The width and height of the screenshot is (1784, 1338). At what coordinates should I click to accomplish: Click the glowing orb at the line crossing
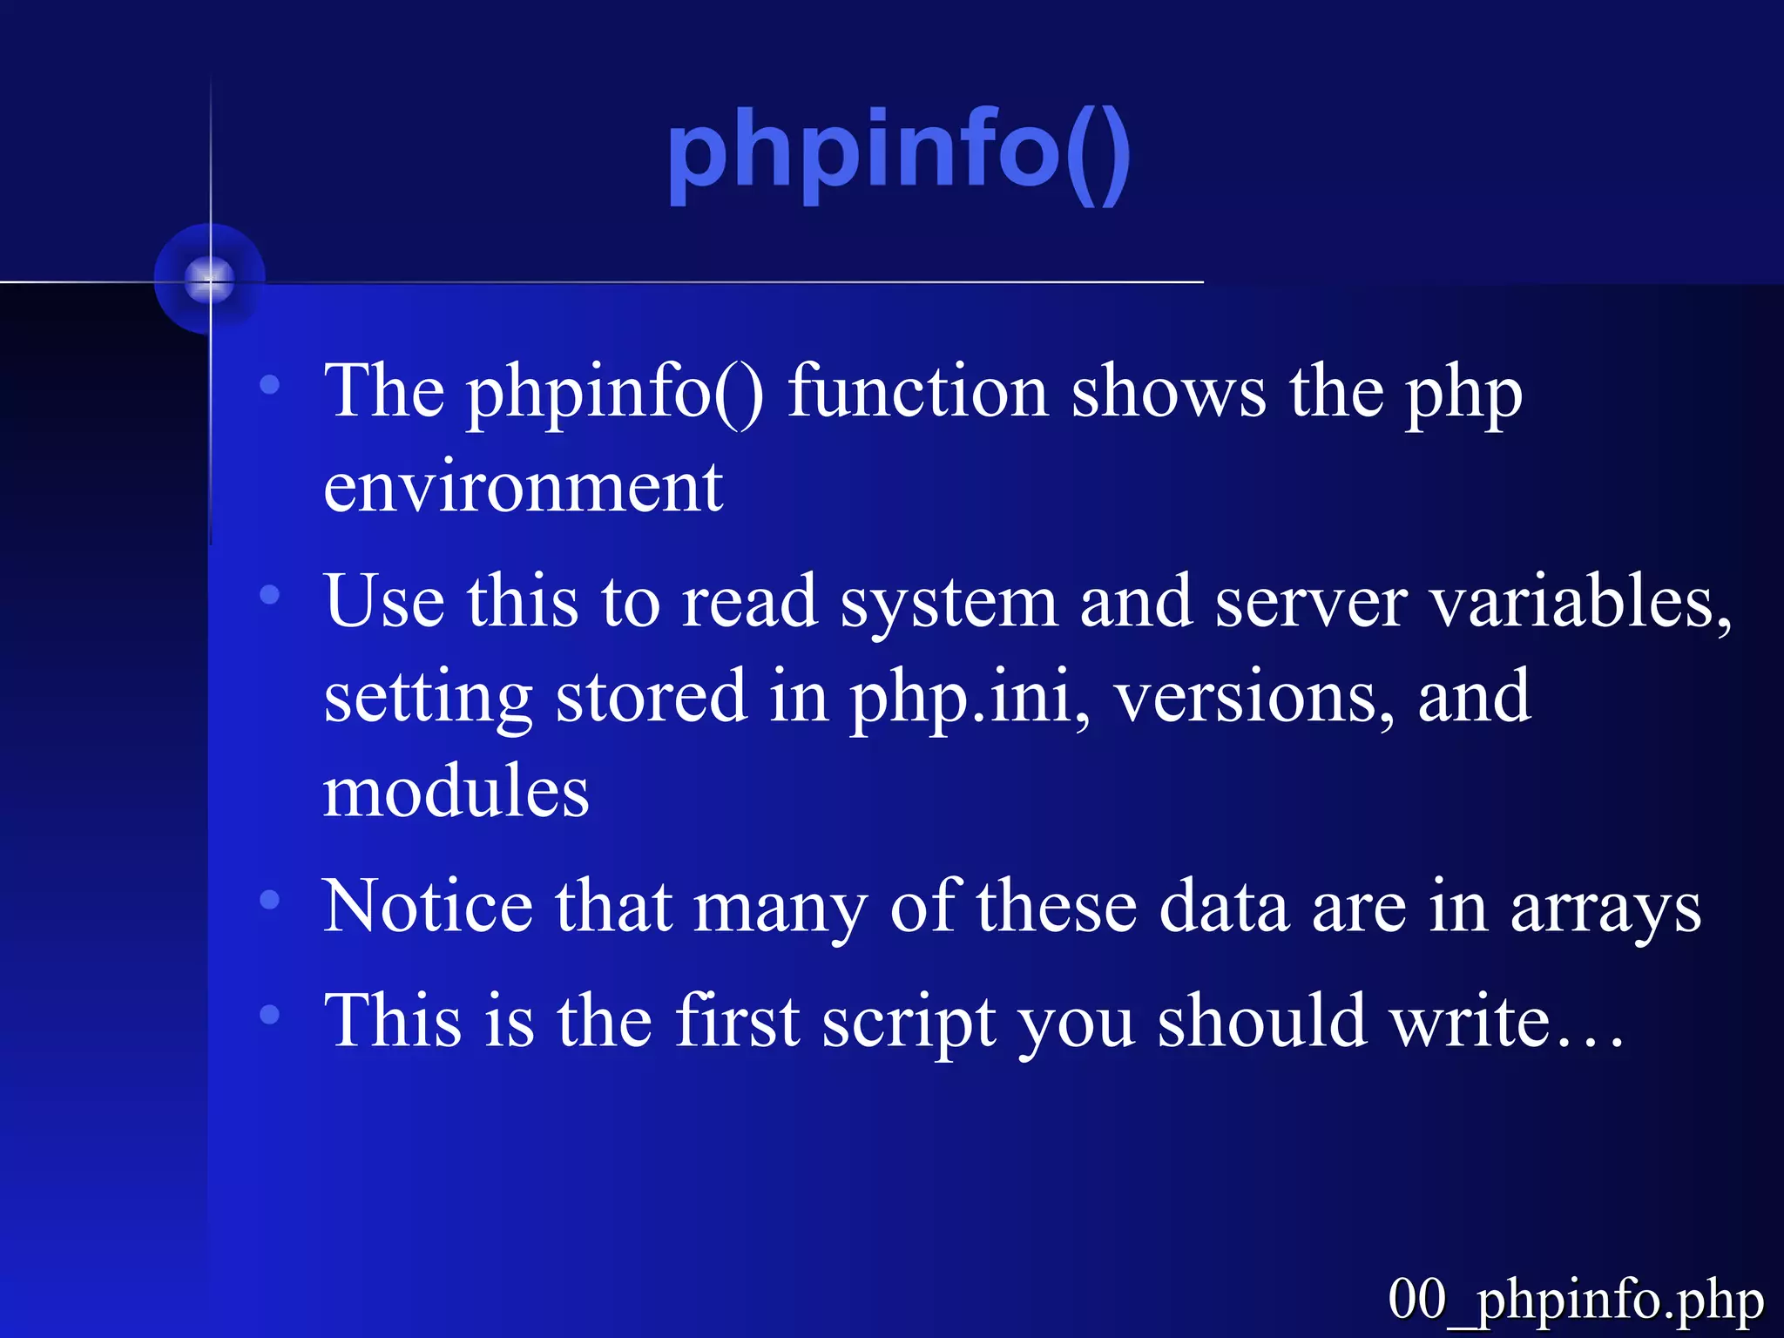[210, 280]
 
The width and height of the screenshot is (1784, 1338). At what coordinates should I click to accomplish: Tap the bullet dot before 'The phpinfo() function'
[270, 384]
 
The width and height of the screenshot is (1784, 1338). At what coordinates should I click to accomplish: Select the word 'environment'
[523, 488]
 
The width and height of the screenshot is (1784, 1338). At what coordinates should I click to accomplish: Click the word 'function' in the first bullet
[917, 392]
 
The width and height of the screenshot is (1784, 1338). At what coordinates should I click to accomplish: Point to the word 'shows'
[1168, 392]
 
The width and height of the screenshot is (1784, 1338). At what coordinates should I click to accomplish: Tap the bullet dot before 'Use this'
[270, 595]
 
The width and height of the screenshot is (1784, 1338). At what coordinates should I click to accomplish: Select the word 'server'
[1311, 603]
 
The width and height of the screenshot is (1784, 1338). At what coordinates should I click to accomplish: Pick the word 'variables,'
[1581, 603]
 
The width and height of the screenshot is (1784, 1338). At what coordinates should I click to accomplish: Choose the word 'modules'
[456, 792]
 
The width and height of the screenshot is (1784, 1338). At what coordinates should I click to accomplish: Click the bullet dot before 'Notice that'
[270, 900]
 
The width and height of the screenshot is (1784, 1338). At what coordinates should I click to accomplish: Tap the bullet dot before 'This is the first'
[270, 1014]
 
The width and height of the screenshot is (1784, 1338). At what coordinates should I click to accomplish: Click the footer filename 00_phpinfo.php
[1575, 1301]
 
